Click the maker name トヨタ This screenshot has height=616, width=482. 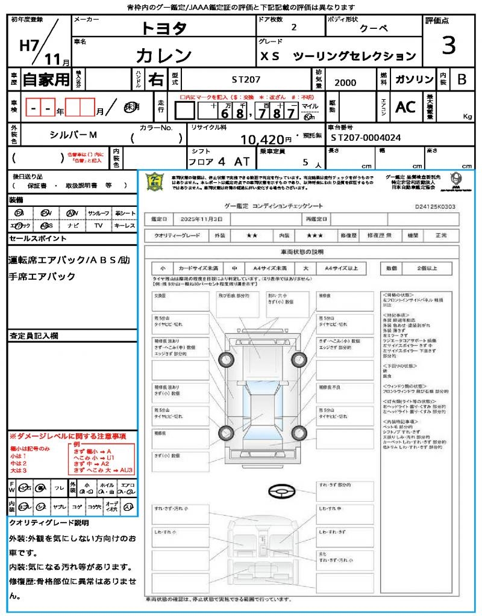click(164, 28)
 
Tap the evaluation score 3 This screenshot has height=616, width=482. click(448, 45)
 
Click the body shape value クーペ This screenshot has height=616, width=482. click(374, 28)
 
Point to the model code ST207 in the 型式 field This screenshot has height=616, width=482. click(246, 79)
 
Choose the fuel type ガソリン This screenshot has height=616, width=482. click(414, 79)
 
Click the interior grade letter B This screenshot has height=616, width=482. click(461, 79)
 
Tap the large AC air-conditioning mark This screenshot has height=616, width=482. click(405, 106)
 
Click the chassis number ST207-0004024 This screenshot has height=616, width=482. click(366, 138)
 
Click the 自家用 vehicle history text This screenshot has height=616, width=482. click(46, 79)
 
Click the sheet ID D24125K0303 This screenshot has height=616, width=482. click(435, 206)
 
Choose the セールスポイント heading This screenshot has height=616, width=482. click(38, 239)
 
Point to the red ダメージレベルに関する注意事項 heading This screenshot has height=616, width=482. click(67, 436)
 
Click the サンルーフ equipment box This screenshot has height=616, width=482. click(99, 214)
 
